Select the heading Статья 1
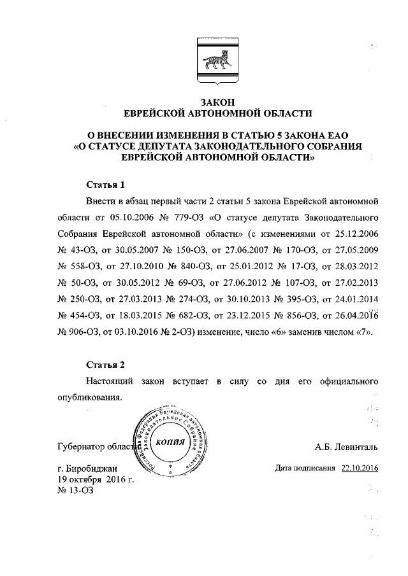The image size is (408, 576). click(105, 185)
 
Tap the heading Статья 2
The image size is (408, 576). click(105, 365)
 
